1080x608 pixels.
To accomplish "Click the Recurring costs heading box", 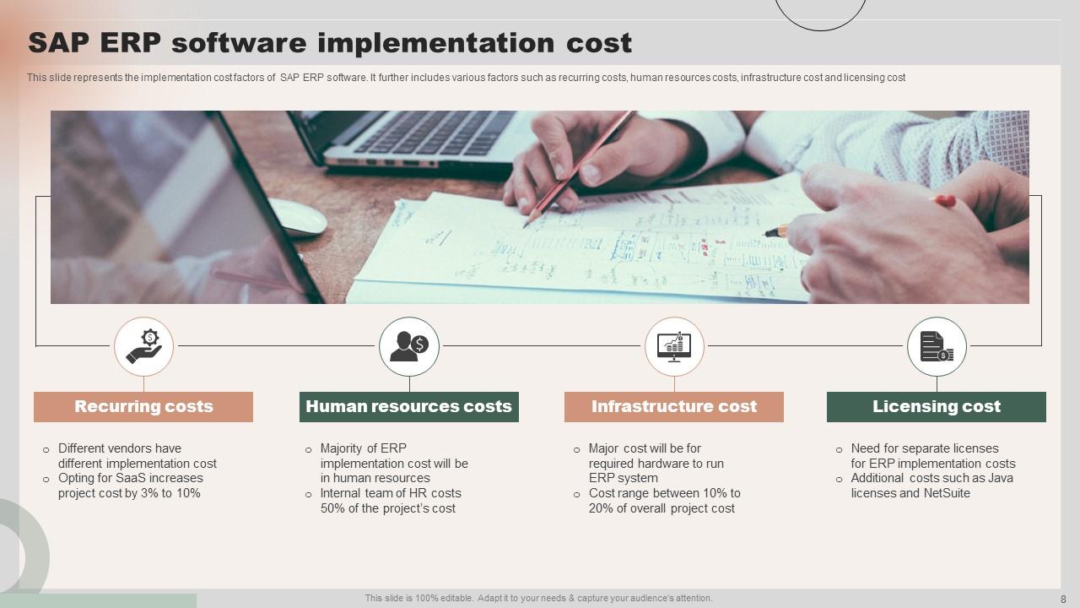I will tap(143, 406).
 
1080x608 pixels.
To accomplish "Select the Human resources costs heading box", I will tap(408, 406).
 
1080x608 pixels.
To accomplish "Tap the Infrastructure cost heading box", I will tap(673, 406).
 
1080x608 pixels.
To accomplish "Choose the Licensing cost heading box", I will tap(936, 406).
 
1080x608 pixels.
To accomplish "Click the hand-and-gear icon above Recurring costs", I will tap(143, 346).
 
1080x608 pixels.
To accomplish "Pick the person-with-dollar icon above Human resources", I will tap(409, 346).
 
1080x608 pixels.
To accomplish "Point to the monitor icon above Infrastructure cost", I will tap(674, 346).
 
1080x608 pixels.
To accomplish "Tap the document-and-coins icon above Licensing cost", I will tap(937, 346).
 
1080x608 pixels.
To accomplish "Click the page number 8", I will tap(1063, 599).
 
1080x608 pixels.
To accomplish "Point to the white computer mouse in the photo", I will tap(298, 217).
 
